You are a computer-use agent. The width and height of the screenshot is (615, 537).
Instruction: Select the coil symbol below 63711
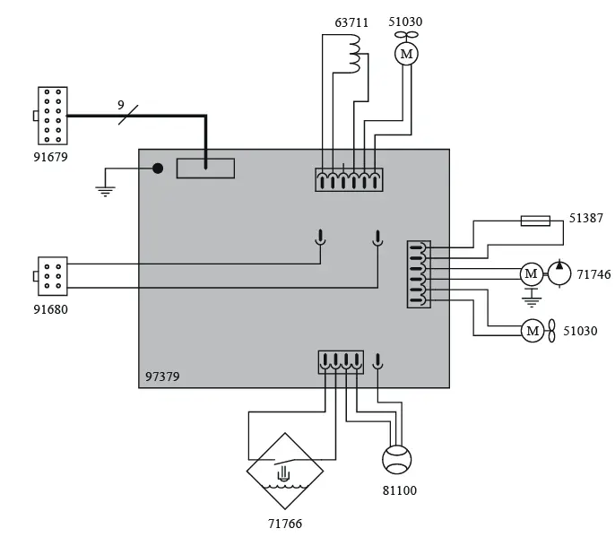click(355, 55)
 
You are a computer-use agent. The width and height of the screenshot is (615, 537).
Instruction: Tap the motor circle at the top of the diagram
click(406, 55)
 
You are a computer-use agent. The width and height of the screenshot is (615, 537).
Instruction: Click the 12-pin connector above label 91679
click(52, 116)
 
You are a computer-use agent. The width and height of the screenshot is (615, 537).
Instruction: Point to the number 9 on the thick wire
click(121, 105)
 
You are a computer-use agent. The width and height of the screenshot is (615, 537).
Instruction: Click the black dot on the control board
click(157, 168)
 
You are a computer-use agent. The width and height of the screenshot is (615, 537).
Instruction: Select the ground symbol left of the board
click(106, 188)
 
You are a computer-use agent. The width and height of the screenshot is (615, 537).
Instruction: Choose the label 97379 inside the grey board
click(162, 377)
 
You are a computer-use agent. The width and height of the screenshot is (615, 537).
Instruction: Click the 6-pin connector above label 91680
click(52, 275)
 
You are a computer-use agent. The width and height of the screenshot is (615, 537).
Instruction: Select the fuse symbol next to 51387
click(535, 221)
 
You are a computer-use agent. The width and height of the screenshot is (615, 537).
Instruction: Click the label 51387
click(587, 217)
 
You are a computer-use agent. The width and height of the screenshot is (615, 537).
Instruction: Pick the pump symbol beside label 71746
click(559, 273)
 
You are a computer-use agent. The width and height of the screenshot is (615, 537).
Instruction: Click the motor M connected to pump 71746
click(532, 273)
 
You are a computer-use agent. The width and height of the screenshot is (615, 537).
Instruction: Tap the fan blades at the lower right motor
click(554, 331)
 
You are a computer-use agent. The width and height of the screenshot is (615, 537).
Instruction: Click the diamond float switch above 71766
click(285, 471)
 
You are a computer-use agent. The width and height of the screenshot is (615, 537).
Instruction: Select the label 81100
click(399, 491)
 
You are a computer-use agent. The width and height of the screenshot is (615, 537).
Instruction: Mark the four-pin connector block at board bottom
click(341, 361)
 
